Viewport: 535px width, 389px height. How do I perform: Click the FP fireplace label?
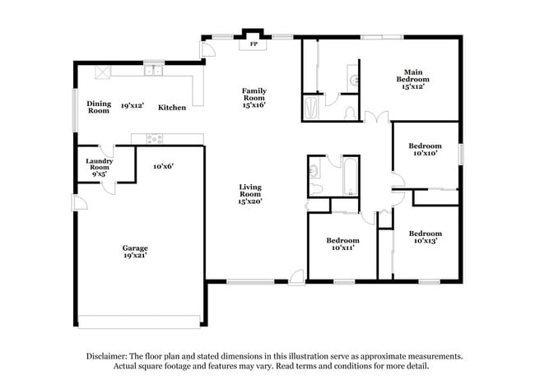254,43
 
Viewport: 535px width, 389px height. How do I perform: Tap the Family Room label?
254,97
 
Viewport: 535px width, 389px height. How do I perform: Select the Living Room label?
250,194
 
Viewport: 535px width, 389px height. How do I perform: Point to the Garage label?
136,251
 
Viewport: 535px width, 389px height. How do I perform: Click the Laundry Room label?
99,168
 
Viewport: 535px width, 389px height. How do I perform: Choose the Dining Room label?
99,107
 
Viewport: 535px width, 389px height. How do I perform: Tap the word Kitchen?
172,108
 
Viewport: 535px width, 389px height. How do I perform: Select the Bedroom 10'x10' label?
426,149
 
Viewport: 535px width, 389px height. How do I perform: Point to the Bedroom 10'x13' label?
426,237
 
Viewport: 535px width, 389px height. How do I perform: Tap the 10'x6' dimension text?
162,166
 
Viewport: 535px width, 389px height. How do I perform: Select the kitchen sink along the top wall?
153,72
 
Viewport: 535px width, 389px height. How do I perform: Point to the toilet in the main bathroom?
350,111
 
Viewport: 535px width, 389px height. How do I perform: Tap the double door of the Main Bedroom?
376,117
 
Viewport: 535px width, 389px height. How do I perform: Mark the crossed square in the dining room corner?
103,72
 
